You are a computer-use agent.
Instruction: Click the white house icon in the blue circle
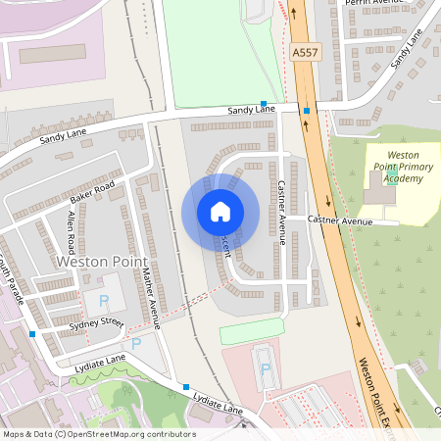(x=220, y=212)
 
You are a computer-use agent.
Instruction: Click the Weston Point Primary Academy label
(x=404, y=167)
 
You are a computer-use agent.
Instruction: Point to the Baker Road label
(x=92, y=192)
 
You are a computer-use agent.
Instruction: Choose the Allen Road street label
(x=72, y=231)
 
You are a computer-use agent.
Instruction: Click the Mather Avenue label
(x=150, y=295)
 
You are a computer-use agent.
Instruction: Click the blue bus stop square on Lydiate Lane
(x=186, y=386)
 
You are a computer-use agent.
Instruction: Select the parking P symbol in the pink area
(x=264, y=369)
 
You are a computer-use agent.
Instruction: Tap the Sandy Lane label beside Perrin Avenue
(x=407, y=51)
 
